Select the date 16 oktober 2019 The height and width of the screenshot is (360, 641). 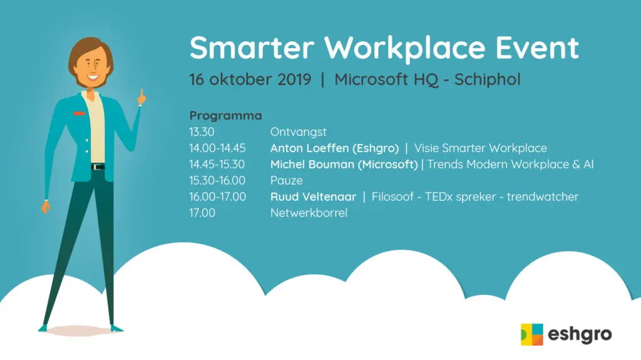pos(250,80)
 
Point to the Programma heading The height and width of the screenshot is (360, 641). pos(225,116)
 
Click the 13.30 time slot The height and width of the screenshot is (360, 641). pos(202,132)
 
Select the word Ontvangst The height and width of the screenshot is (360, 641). pos(299,132)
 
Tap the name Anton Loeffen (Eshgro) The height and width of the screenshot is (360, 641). pos(334,148)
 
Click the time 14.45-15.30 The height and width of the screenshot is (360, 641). pos(217,165)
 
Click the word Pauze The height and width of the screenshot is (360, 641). pos(286,181)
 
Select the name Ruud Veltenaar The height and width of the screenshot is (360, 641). pos(313,197)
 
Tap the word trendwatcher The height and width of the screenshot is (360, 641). pos(543,197)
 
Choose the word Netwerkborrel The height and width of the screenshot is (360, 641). pos(309,213)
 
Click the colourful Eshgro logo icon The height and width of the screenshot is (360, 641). pos(531,334)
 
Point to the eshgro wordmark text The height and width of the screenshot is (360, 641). pos(579,334)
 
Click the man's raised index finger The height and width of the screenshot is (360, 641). pos(142,95)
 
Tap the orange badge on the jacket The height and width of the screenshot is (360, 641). pos(78,113)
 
